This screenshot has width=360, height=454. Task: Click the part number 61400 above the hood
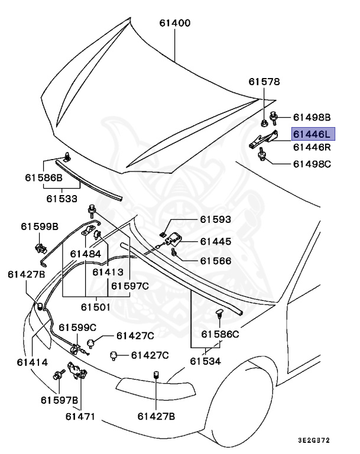point(174,24)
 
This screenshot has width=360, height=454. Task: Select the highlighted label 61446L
point(313,134)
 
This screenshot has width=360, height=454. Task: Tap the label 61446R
point(313,147)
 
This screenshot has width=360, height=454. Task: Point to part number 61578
point(264,82)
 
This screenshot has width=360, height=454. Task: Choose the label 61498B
point(312,117)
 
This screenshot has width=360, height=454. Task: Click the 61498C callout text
point(312,163)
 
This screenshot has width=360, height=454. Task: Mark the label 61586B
point(43,177)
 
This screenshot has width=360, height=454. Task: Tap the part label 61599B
point(40,226)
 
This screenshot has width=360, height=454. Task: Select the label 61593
point(215,220)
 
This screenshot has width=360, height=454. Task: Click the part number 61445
point(215,241)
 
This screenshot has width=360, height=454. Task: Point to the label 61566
point(215,261)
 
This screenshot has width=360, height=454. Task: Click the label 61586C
point(220,334)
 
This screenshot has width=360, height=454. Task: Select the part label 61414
point(33,361)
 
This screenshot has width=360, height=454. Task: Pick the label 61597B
point(59,400)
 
